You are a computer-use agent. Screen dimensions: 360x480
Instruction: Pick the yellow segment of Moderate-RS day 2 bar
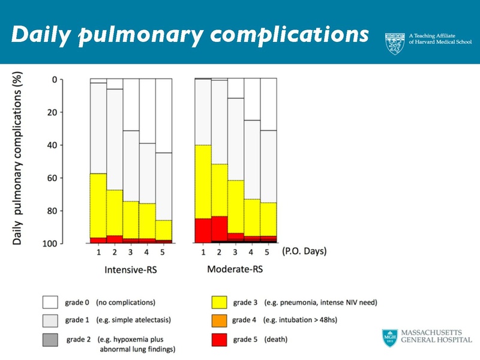[x=220, y=190]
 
